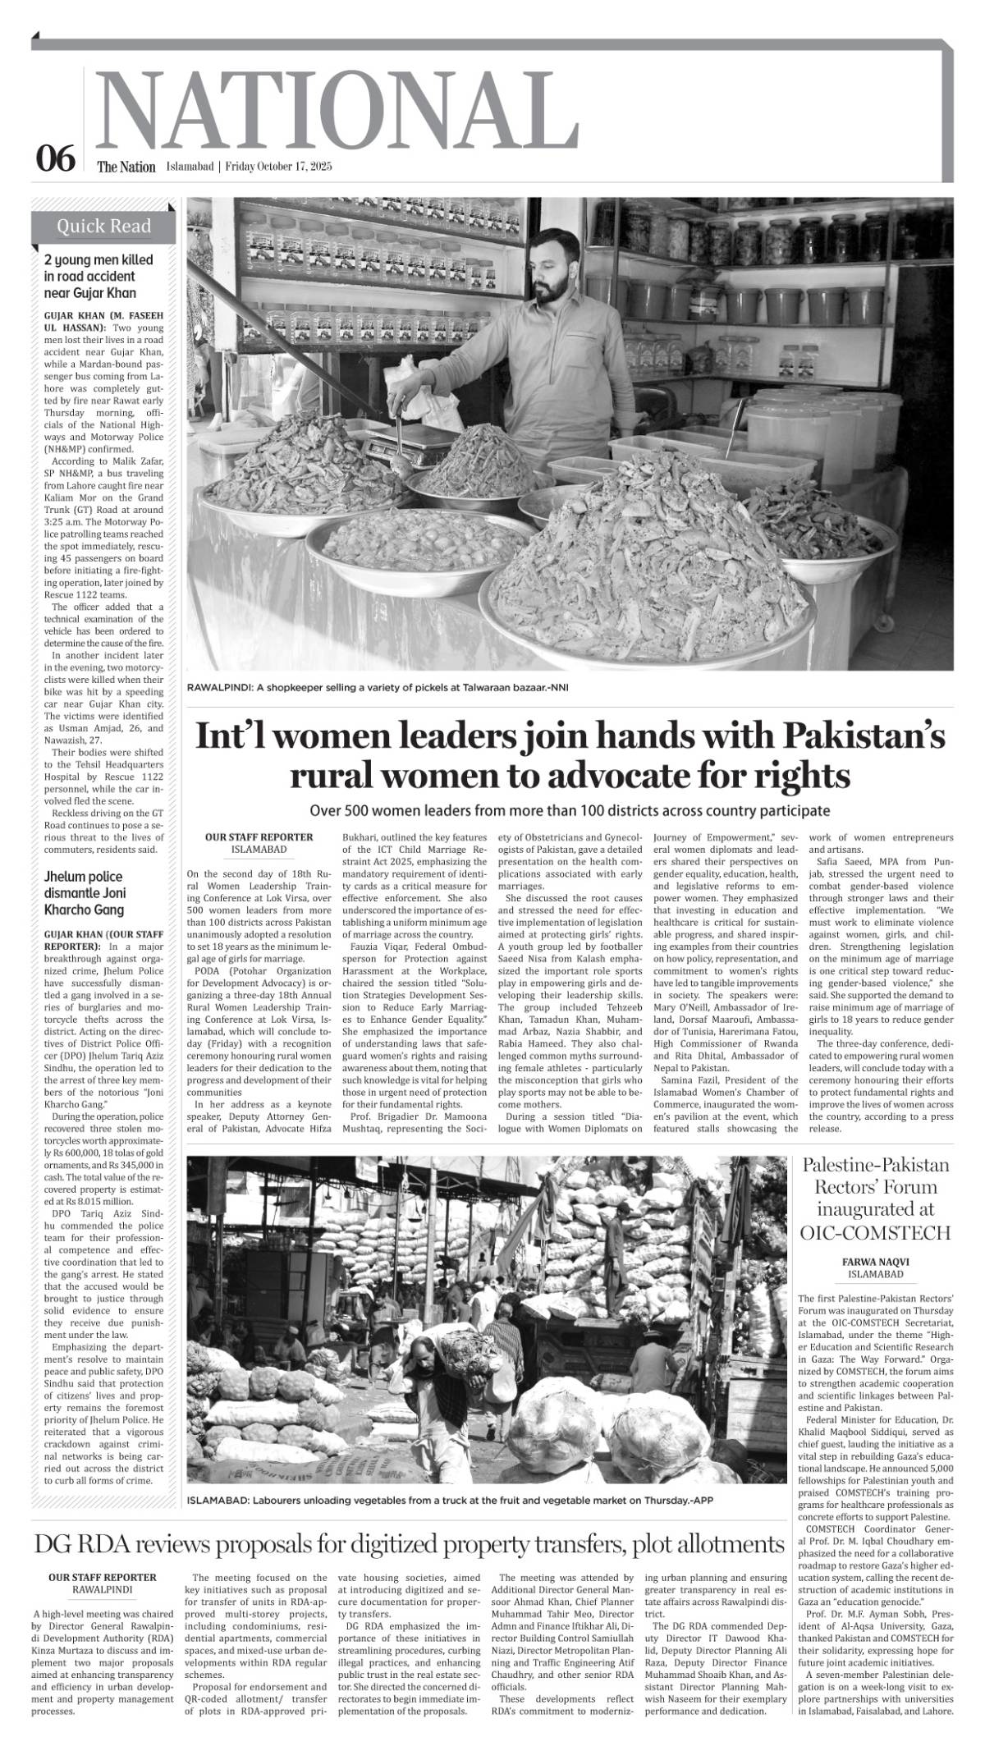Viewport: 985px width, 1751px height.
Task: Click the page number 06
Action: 56,158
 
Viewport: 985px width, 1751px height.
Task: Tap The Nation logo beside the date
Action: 126,167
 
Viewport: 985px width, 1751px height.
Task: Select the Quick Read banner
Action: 103,227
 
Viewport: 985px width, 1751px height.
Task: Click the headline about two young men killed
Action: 98,276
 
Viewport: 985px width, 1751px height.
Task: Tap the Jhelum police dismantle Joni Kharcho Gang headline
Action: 85,893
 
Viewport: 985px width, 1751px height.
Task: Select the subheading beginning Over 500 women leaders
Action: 570,810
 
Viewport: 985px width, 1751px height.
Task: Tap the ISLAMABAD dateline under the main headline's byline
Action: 259,849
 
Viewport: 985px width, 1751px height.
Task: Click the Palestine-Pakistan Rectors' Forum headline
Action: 875,1198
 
